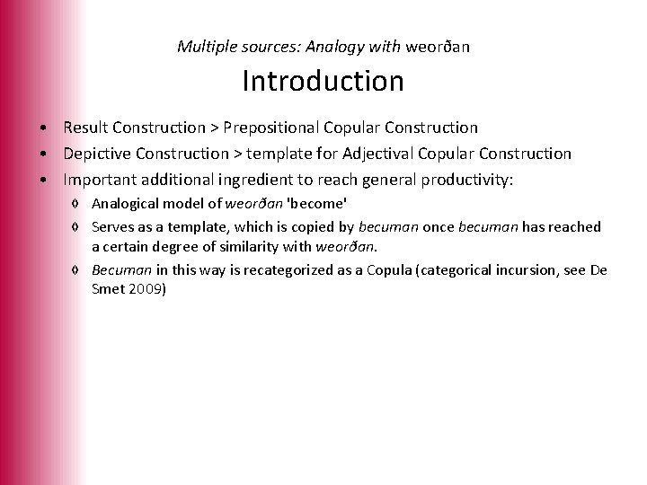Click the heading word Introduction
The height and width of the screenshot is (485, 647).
point(323,82)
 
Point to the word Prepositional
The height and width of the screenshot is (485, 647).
point(280,128)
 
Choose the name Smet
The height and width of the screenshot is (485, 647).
point(108,290)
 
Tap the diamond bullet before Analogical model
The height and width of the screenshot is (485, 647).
point(82,206)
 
